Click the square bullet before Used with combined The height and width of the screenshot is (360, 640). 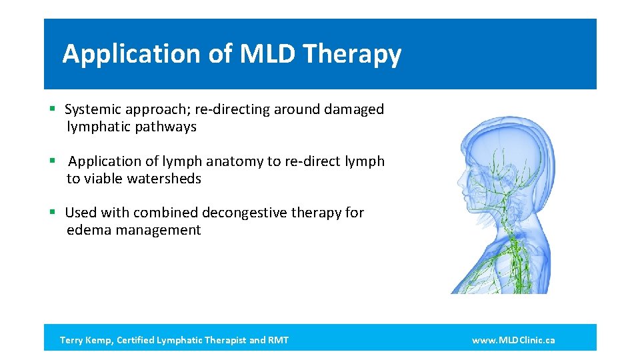point(52,213)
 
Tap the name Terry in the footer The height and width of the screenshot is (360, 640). point(72,340)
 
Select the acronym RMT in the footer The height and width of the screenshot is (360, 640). point(278,340)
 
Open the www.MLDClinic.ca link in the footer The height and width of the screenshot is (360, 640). point(513,340)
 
